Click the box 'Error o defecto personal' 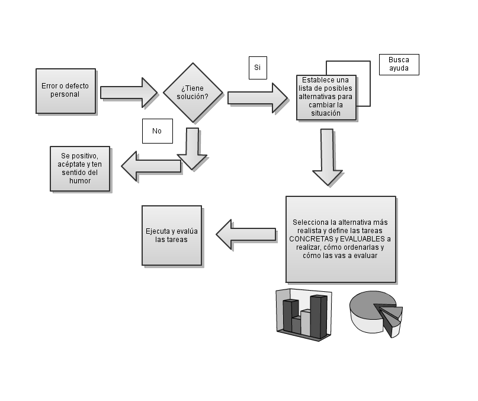coord(65,90)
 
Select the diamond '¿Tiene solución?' coord(193,93)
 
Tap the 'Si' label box coord(258,68)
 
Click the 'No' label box coord(157,131)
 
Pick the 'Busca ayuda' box coord(399,65)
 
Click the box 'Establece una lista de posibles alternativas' coord(326,97)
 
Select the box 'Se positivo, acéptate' coord(80,168)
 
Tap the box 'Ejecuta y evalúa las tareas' coord(172,235)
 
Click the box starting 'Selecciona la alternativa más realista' coord(341,239)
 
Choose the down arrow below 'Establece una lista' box coord(327,156)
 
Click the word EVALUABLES coord(359,239)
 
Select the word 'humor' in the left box coord(80,181)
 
